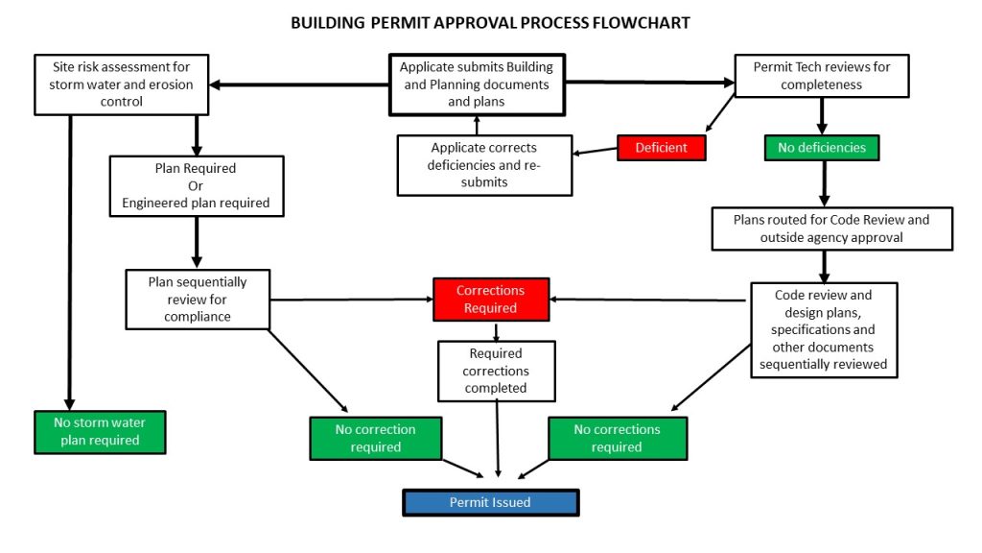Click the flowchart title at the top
tap(490, 22)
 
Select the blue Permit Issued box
tap(490, 503)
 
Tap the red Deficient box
tap(661, 148)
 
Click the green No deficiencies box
tap(822, 148)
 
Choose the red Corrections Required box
tap(490, 299)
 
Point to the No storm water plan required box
tap(100, 432)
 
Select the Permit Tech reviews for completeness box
tap(822, 76)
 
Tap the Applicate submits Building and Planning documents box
tap(477, 84)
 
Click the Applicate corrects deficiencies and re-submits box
tap(484, 164)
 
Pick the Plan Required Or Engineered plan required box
tap(196, 185)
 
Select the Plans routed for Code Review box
tap(831, 228)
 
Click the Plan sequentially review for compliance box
tap(198, 299)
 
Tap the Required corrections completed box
tap(496, 370)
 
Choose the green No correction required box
tap(375, 438)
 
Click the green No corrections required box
tap(617, 438)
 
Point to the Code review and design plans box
tap(824, 329)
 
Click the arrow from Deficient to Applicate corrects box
tap(595, 151)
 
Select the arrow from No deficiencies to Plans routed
tap(823, 182)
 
